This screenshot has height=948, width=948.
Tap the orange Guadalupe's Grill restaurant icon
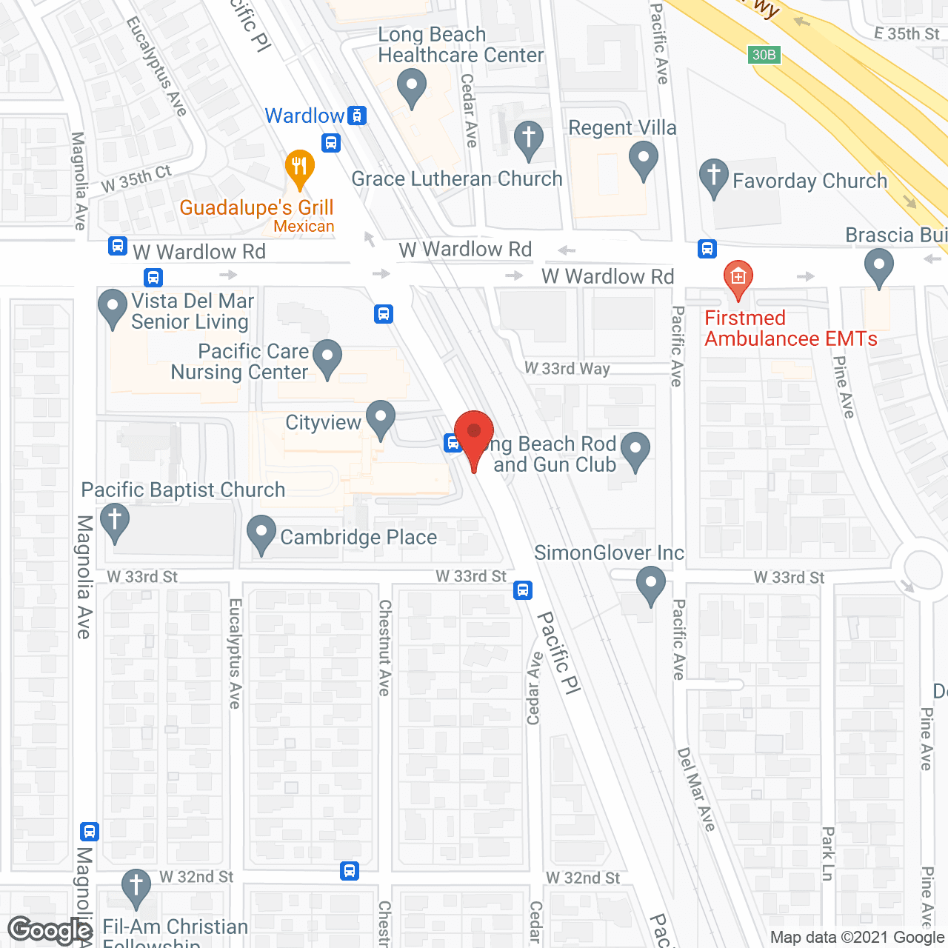(299, 168)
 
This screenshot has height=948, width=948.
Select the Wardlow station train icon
(358, 116)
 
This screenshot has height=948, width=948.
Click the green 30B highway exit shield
(764, 54)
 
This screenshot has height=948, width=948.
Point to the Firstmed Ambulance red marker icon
(738, 278)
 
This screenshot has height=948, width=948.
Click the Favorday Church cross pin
(713, 177)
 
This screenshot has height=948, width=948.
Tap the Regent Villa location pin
(643, 159)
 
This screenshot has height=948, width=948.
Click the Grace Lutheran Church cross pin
(528, 138)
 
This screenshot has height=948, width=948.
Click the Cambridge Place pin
(261, 533)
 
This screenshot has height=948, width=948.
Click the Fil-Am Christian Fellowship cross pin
(136, 887)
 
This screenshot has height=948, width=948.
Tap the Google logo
(50, 929)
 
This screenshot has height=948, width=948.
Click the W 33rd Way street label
(567, 368)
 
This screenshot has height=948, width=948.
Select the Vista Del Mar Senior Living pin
(113, 307)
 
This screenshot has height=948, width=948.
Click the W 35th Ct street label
(136, 178)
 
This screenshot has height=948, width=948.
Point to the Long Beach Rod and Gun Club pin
(635, 450)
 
